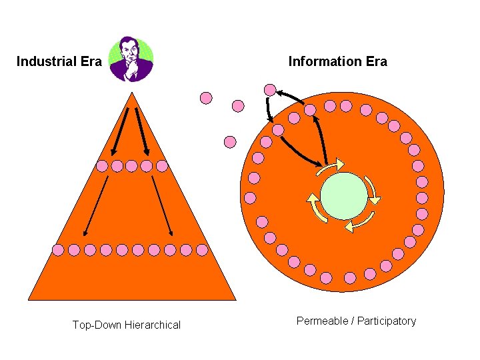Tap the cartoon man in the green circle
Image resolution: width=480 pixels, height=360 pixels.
(131, 59)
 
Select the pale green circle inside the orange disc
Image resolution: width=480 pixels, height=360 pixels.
(343, 196)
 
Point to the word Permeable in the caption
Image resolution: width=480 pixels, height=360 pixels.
(323, 321)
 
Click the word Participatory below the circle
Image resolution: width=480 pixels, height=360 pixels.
(387, 321)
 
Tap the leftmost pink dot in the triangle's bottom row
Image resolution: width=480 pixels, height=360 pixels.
(58, 249)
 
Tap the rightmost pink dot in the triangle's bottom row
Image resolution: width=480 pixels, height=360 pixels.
(202, 249)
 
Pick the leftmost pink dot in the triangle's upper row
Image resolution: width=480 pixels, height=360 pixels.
(102, 166)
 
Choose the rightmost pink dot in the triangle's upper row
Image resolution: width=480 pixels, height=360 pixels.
(162, 166)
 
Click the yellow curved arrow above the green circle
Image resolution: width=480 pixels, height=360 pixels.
(331, 165)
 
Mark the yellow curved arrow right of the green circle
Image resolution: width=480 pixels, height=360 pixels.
(372, 189)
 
